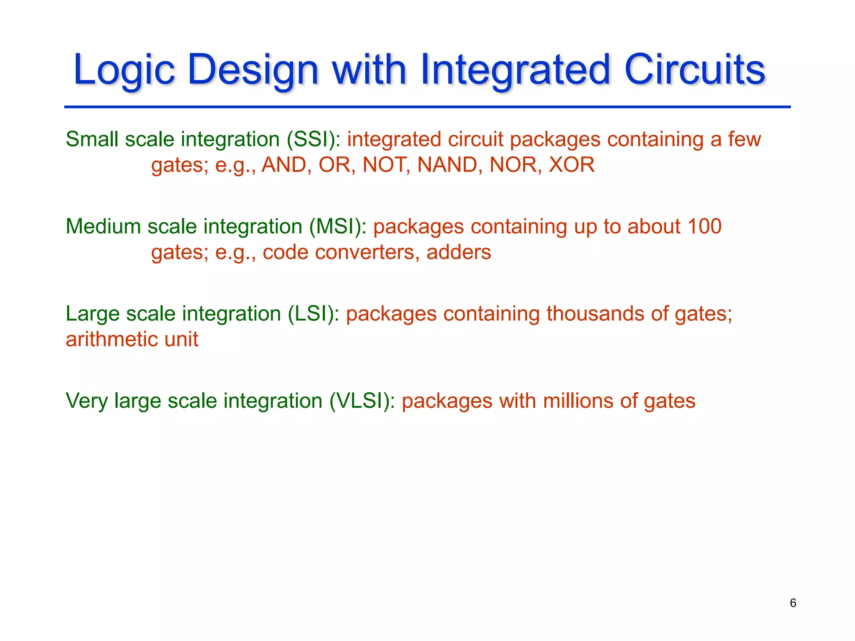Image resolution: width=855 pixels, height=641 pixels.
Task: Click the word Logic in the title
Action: click(x=124, y=70)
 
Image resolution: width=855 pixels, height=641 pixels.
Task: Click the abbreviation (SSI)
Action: click(x=313, y=139)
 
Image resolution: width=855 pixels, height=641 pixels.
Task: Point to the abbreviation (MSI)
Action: click(x=337, y=227)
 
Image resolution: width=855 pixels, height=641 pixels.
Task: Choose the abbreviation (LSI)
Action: click(x=313, y=314)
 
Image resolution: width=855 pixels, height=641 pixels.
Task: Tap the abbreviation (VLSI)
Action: click(x=362, y=401)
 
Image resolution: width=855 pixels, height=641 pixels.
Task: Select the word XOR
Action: click(x=572, y=165)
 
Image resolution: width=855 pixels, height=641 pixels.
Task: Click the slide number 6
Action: click(x=793, y=603)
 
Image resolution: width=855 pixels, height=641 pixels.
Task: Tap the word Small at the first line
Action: click(x=92, y=139)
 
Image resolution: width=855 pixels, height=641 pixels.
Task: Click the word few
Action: click(x=744, y=139)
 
